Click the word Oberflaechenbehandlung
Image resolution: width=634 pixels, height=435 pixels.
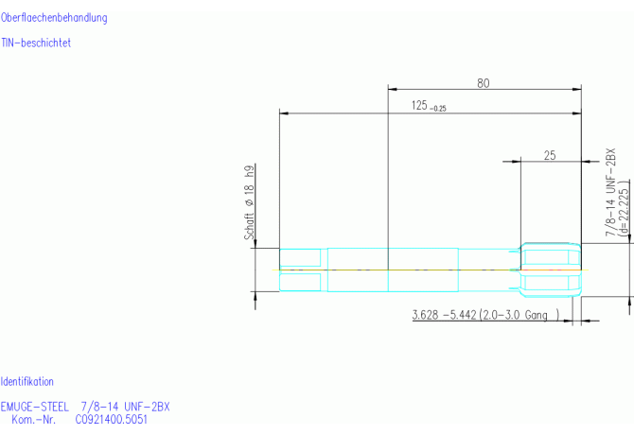[54, 18]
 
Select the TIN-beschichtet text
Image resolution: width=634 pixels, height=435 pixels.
[36, 43]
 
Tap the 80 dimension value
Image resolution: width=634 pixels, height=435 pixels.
[484, 83]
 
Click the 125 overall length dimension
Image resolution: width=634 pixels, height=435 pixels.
[419, 105]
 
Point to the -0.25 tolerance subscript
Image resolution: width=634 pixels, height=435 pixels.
[438, 108]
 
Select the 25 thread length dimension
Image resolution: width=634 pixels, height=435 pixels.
[550, 155]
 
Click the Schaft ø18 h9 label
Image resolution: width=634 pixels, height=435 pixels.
[250, 202]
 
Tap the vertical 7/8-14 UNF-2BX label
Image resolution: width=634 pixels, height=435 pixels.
[610, 192]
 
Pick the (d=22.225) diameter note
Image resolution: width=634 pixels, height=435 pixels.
[624, 207]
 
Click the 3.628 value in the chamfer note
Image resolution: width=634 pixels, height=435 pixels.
[425, 315]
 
